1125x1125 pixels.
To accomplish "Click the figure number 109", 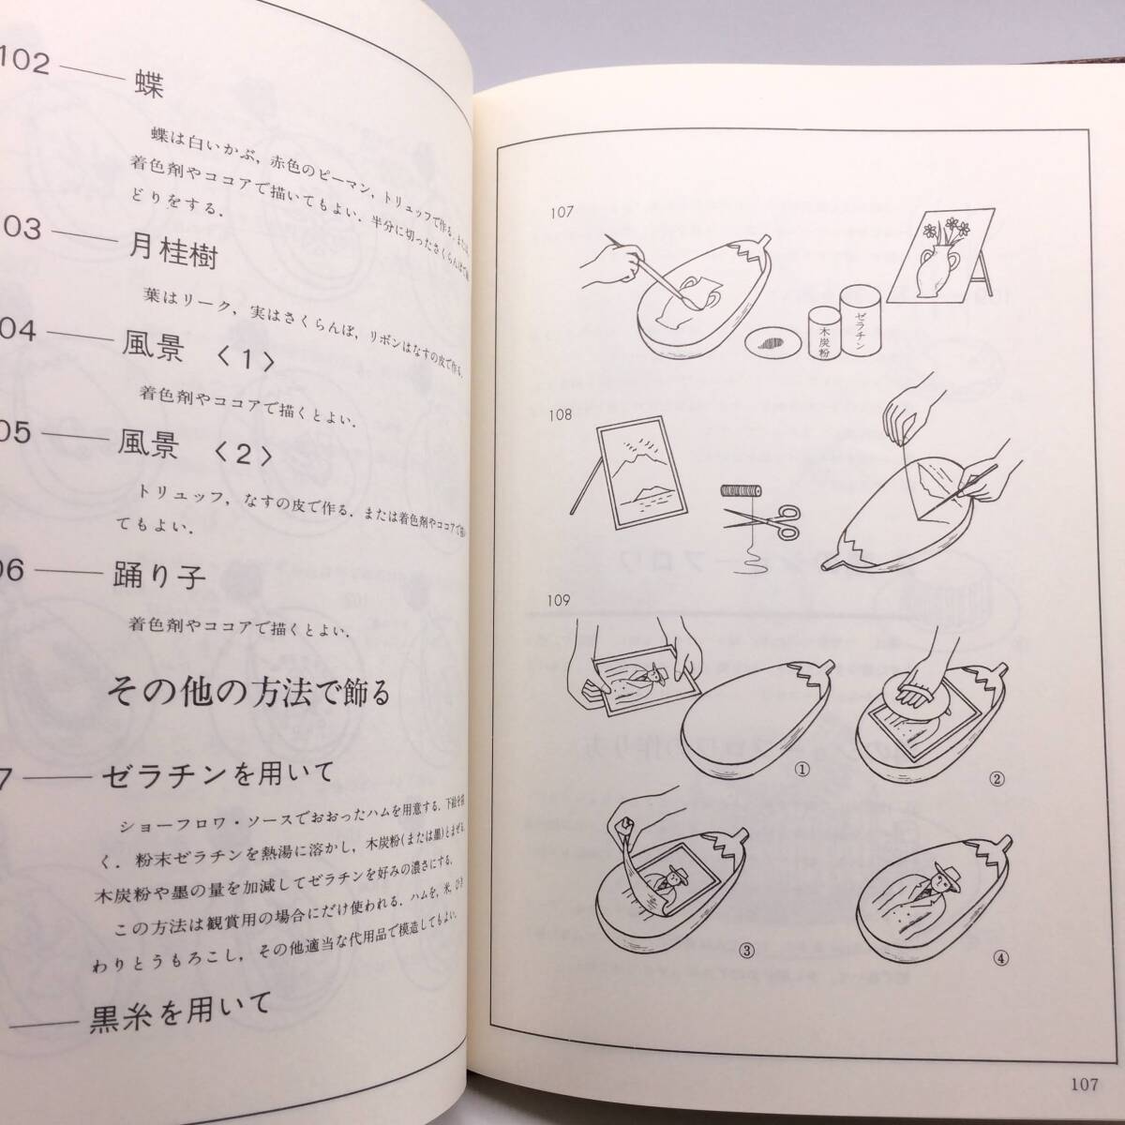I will click(567, 601).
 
